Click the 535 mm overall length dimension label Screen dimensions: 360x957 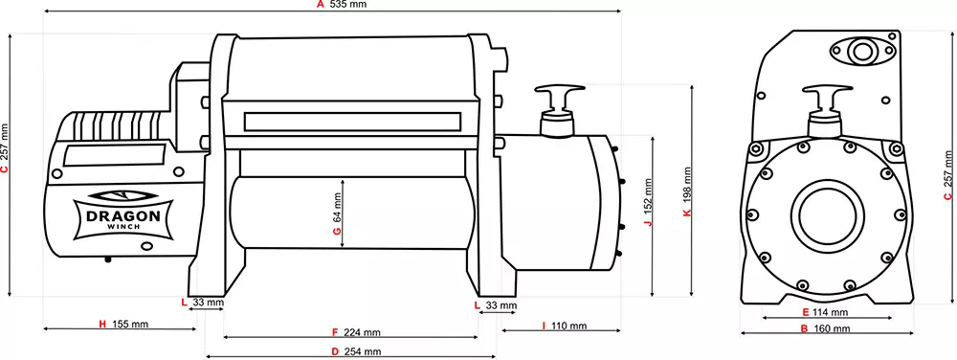click(x=347, y=6)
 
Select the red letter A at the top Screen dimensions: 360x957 click(x=321, y=6)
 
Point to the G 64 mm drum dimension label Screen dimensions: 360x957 click(x=337, y=216)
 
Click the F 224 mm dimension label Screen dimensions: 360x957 click(x=355, y=333)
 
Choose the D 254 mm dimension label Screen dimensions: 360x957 click(x=355, y=352)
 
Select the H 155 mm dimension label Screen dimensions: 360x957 click(x=123, y=325)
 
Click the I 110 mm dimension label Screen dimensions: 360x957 click(x=564, y=326)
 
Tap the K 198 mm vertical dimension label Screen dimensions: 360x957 click(x=687, y=195)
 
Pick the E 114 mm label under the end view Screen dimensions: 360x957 click(x=825, y=312)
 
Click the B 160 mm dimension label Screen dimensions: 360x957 click(x=825, y=329)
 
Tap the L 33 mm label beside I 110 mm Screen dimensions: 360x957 click(x=496, y=305)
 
